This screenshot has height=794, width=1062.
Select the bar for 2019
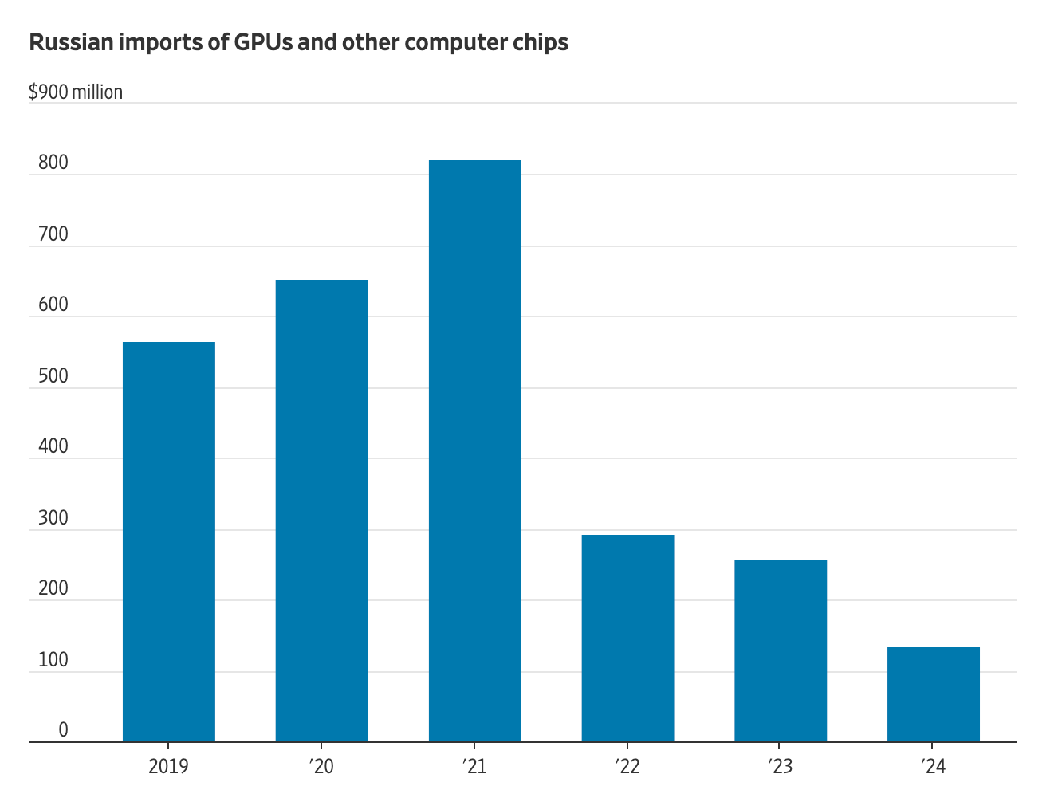click(168, 542)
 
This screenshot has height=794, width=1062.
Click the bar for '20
click(321, 511)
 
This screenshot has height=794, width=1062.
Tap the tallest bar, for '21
click(474, 451)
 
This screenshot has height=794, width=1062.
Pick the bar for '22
click(627, 639)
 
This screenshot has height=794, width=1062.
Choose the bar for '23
click(781, 651)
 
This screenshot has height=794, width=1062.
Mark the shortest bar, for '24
click(934, 694)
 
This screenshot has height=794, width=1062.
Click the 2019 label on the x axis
click(168, 767)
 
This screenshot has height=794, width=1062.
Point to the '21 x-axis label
click(474, 767)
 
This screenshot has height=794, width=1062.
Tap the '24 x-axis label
click(933, 767)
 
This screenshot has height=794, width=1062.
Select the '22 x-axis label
click(627, 767)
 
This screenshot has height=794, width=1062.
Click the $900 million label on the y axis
click(76, 92)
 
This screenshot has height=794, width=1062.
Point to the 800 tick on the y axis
click(53, 163)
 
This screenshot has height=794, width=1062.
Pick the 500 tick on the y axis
click(53, 376)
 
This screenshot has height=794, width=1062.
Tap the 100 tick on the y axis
click(53, 660)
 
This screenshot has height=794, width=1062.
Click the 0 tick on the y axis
click(63, 730)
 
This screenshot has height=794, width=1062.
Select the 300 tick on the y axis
click(53, 518)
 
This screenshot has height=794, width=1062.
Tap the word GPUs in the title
click(262, 42)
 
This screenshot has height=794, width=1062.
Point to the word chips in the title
click(541, 42)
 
